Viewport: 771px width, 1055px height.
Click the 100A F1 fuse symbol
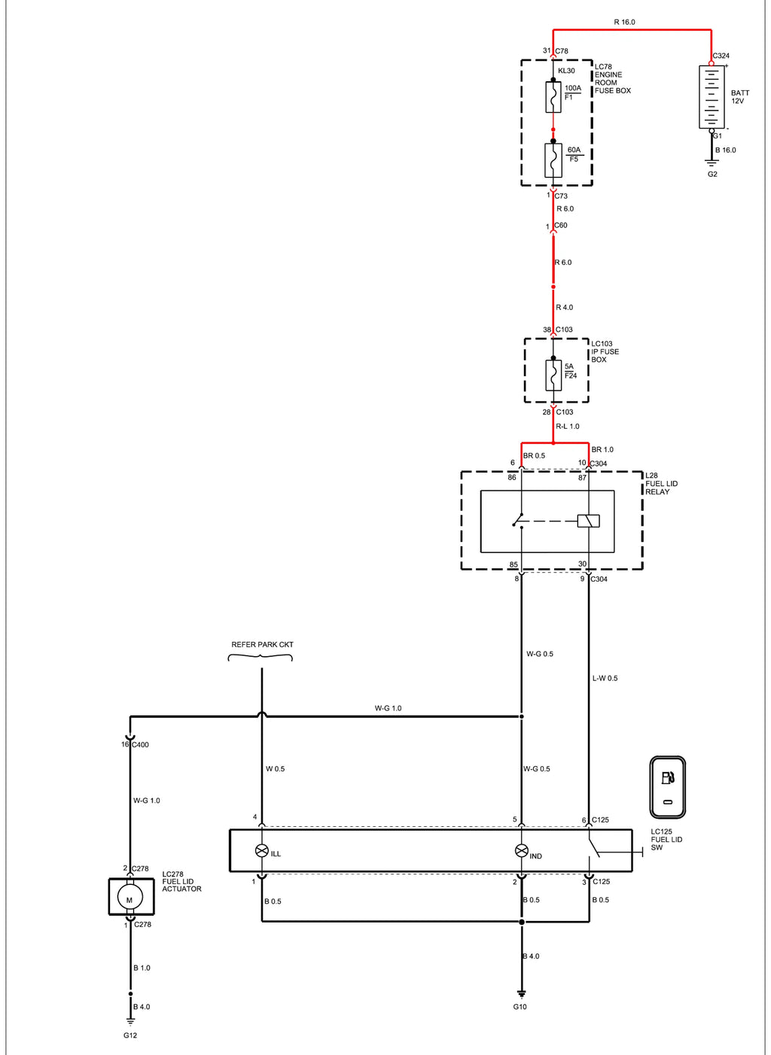pos(553,97)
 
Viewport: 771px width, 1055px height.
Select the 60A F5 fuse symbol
pos(553,160)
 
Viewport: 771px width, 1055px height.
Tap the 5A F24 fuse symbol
pos(553,375)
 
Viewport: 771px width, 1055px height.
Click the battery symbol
pos(712,97)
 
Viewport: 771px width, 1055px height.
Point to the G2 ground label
pos(712,175)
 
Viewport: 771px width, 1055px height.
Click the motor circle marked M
pos(130,899)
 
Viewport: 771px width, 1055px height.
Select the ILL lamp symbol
pos(261,850)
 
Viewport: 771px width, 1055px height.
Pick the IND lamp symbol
pos(521,850)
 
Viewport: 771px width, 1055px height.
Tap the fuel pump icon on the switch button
pos(668,777)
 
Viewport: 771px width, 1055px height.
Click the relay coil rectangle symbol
pos(589,521)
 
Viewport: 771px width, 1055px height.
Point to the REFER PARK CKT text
pos(262,645)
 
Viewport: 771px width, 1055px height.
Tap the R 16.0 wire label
pos(624,22)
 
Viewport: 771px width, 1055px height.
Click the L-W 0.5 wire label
pos(605,679)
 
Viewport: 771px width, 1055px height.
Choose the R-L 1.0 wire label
pos(568,426)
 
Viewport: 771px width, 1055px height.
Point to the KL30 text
pos(566,71)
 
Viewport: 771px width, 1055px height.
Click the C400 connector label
pos(140,745)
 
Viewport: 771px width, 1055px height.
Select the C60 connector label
pos(561,225)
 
